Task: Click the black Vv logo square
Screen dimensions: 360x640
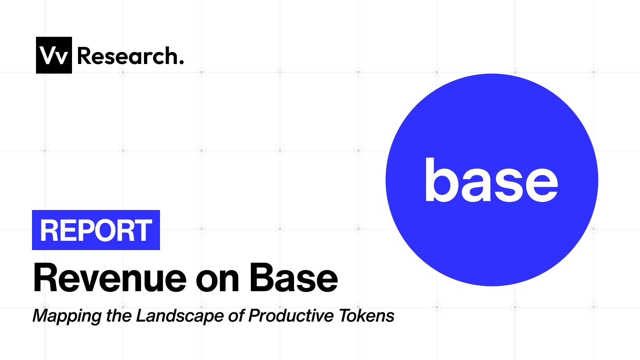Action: pyautogui.click(x=54, y=55)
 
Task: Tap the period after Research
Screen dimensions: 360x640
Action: pyautogui.click(x=182, y=62)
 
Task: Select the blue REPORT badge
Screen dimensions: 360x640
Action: pyautogui.click(x=96, y=230)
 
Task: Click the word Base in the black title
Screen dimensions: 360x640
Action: pyautogui.click(x=294, y=278)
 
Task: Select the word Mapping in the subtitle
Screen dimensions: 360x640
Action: pyautogui.click(x=67, y=316)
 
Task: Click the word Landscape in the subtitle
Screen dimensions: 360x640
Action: pyautogui.click(x=180, y=316)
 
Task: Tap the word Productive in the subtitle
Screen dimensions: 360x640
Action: pyautogui.click(x=291, y=316)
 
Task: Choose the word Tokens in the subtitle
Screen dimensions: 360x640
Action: pyautogui.click(x=366, y=316)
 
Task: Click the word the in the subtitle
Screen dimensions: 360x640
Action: pyautogui.click(x=118, y=316)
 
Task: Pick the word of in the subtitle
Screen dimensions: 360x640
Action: pyautogui.click(x=236, y=316)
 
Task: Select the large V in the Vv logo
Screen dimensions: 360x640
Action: pyautogui.click(x=48, y=56)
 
